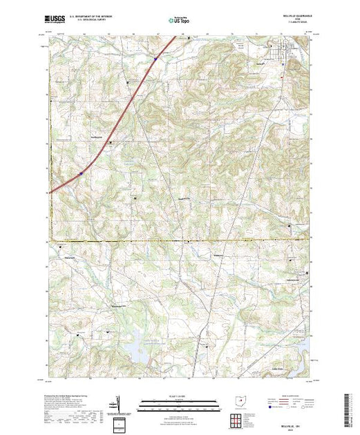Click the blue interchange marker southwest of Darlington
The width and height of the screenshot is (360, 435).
[x=81, y=174]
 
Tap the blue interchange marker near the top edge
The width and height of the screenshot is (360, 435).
[x=155, y=59]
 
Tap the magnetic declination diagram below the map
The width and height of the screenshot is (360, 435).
[x=120, y=401]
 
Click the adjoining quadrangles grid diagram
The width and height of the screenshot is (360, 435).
[x=238, y=418]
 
